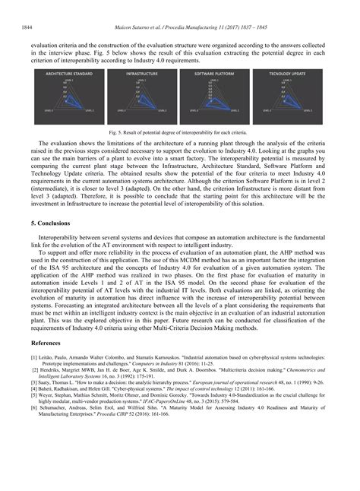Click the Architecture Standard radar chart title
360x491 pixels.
pyautogui.click(x=69, y=74)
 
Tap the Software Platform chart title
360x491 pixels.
pyautogui.click(x=213, y=74)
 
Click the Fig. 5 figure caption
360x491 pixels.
pyautogui.click(x=179, y=131)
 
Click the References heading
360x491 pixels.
pyautogui.click(x=48, y=344)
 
